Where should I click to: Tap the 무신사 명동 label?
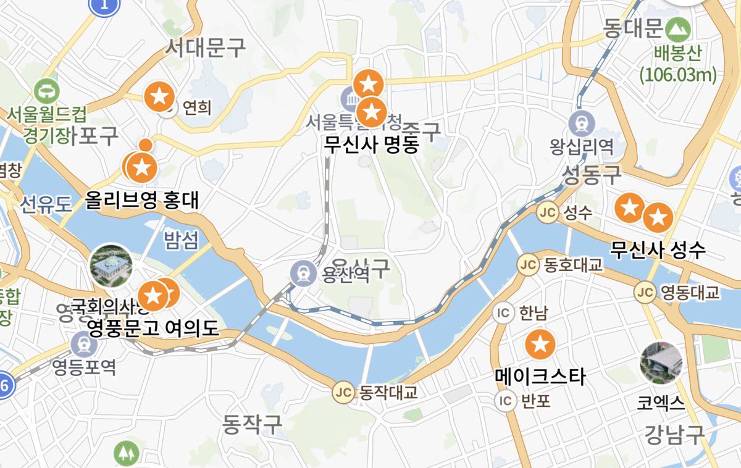pos(371,144)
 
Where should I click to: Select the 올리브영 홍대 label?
pos(143,201)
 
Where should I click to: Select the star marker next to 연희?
pos(159,96)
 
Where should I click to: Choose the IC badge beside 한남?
pos(504,313)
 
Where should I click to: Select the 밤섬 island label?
pos(181,240)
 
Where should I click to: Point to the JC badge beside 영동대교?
pos(646,291)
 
